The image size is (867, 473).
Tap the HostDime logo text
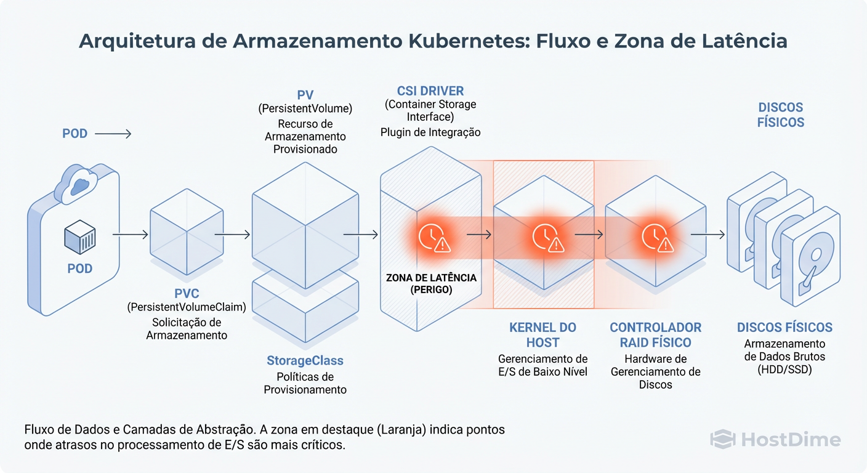(790, 439)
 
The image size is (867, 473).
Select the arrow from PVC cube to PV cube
(232, 235)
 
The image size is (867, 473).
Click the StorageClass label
(305, 360)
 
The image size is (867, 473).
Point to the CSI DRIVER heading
(430, 91)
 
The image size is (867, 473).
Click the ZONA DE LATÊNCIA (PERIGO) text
(431, 284)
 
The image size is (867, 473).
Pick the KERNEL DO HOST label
(542, 334)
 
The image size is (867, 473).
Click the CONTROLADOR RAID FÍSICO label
(655, 334)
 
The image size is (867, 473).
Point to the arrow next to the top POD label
(113, 134)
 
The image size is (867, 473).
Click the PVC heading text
(187, 293)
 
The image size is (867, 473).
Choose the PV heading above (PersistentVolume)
(305, 95)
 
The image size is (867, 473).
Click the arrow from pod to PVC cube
(130, 235)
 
